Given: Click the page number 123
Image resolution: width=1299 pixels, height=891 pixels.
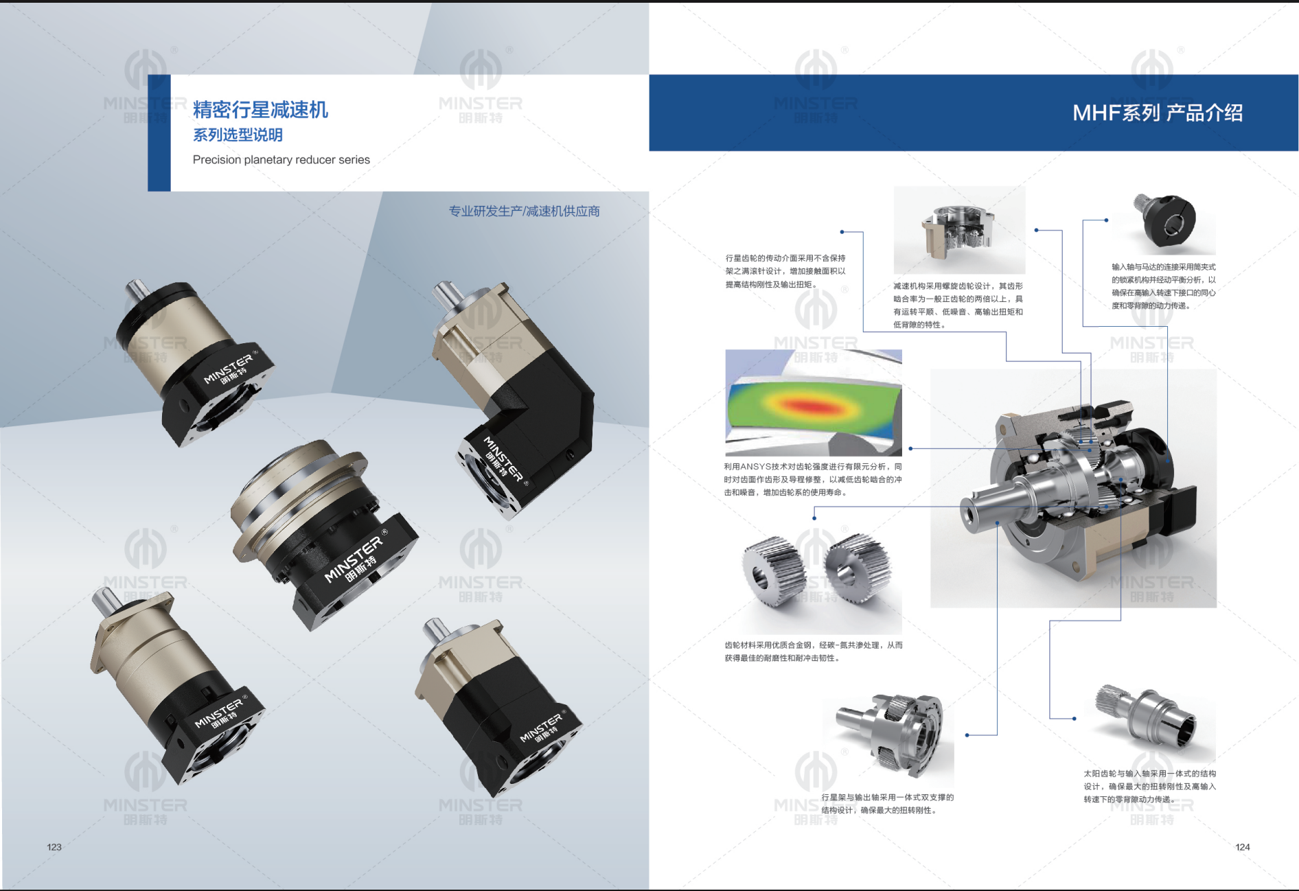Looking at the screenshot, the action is (54, 847).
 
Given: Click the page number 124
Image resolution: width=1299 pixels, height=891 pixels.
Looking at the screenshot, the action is (1242, 847).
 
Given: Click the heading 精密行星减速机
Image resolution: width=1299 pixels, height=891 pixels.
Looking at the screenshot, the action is (260, 110).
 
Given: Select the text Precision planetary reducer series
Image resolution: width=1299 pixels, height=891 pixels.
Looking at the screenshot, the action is (281, 160).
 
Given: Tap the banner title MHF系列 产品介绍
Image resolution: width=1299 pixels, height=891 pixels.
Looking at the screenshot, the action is (1158, 113).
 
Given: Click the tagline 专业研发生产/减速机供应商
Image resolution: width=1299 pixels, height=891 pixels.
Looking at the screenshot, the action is (524, 211).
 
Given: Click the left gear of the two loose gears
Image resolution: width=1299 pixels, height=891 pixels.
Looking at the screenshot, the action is (772, 572).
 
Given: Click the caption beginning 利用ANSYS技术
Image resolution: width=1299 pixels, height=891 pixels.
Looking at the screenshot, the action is (813, 479).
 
